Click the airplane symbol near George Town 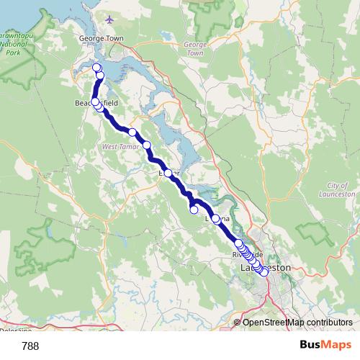click(109, 19)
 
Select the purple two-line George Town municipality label click(195, 48)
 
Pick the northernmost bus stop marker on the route click(97, 68)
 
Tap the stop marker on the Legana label click(215, 217)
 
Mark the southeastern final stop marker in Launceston click(264, 272)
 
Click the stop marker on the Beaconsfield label click(95, 102)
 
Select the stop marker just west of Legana click(194, 210)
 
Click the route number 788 click(31, 346)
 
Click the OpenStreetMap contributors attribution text click(297, 323)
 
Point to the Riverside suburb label click(248, 256)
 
